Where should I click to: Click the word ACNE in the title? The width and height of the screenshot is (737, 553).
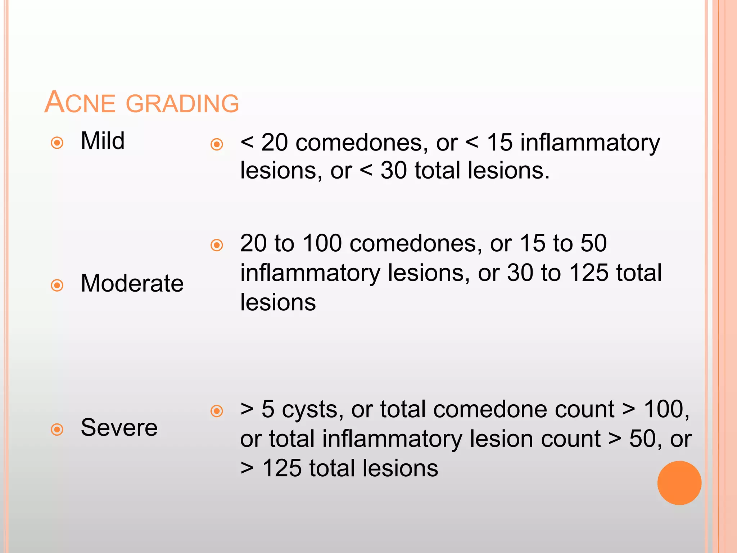coord(80,103)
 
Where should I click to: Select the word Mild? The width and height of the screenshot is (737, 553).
coord(103,141)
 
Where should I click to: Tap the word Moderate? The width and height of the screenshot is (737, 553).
coord(132,283)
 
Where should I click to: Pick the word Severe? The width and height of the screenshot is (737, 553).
coord(119,428)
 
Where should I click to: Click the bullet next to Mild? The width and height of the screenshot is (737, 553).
coord(57,143)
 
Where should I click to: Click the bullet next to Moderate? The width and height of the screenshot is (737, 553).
coord(57,286)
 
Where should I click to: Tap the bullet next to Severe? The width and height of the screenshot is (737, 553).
coord(57,430)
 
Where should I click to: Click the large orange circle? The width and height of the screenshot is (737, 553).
coord(679,483)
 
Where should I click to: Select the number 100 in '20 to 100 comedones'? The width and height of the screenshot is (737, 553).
coord(322,243)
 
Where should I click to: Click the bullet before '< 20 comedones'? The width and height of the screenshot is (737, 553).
coord(217,145)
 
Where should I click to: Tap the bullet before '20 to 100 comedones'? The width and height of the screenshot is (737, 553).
coord(217,246)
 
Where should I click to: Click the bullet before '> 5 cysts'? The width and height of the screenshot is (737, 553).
coord(217,411)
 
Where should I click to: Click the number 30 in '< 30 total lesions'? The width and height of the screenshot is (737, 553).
coord(393,170)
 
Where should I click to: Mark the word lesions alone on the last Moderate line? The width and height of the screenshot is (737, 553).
coord(278,302)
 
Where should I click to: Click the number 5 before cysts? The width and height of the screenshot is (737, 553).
coord(268,410)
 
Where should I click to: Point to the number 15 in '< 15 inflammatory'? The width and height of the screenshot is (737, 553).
coord(499,143)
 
